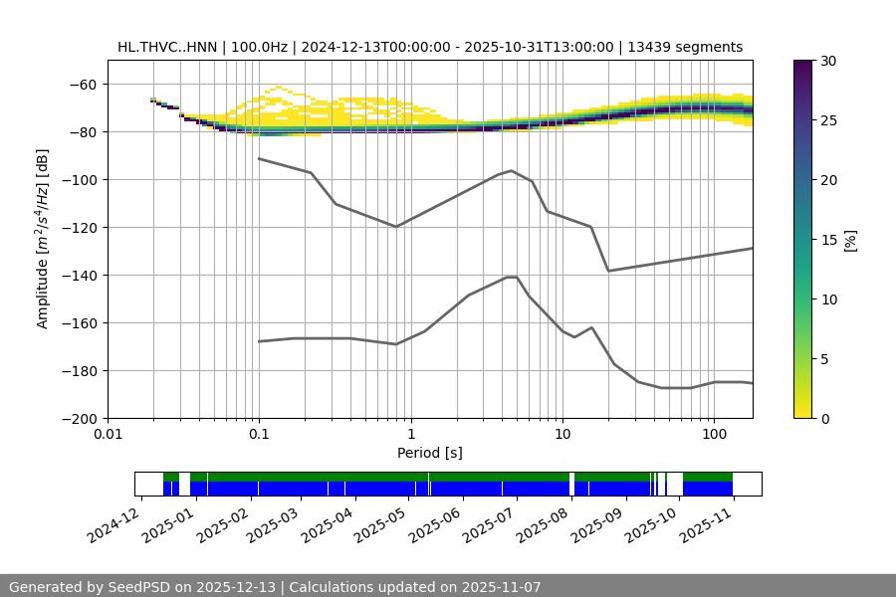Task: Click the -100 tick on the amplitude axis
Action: tap(84, 180)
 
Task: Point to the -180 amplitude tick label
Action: tap(84, 371)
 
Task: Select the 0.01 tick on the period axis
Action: tap(108, 434)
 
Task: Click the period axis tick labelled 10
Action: tap(561, 434)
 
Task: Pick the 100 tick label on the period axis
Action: tap(713, 434)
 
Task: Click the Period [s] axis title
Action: tap(429, 453)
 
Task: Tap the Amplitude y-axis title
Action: tap(43, 239)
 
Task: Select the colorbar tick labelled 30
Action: tap(828, 61)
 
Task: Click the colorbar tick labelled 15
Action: tap(828, 240)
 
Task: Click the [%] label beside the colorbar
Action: tap(850, 240)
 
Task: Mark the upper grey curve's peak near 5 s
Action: tap(512, 170)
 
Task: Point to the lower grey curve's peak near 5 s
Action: tap(512, 277)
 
